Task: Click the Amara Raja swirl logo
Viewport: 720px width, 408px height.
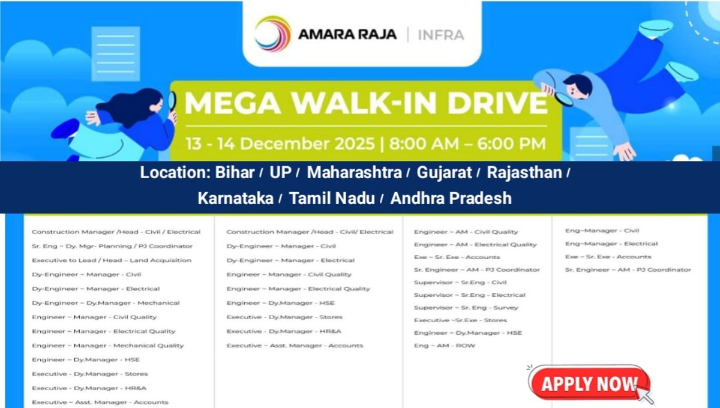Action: (272, 34)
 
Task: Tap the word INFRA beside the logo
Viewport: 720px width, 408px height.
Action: (442, 35)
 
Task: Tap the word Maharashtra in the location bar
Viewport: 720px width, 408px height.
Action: (354, 173)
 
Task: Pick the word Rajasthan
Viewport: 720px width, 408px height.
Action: (524, 173)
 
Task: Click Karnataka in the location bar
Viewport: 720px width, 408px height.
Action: (235, 198)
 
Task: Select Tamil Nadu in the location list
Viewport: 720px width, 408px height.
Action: (332, 198)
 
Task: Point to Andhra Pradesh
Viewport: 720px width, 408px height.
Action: (451, 198)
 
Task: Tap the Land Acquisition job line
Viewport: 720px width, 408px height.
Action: (112, 260)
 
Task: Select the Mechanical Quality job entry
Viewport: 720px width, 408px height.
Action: (108, 346)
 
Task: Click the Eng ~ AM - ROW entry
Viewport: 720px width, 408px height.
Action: (445, 346)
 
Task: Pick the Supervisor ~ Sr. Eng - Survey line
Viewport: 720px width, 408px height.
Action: (466, 308)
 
